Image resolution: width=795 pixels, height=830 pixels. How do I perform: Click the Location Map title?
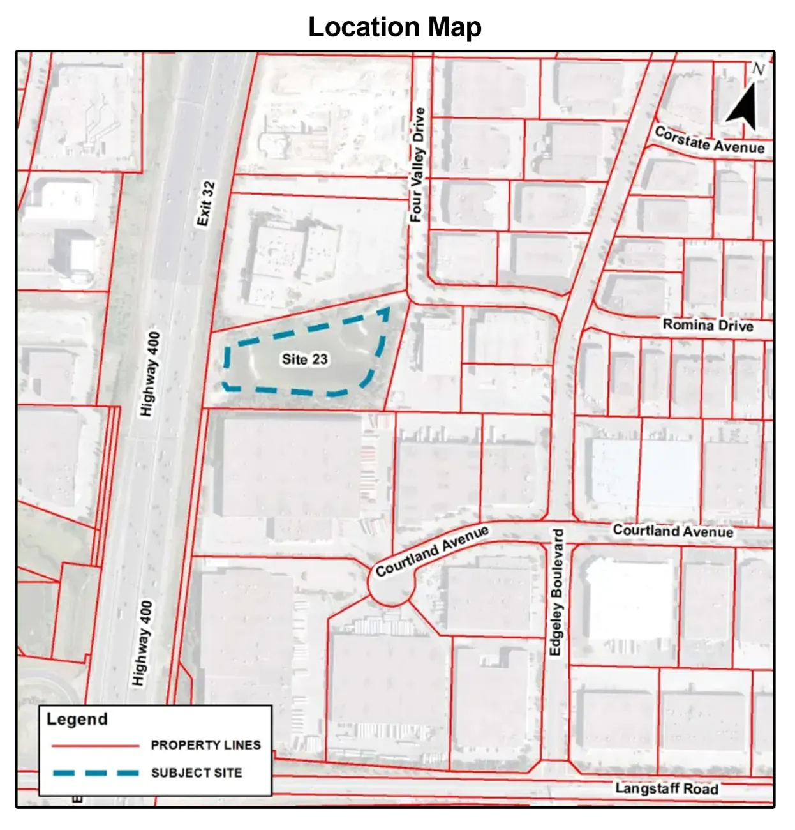[x=395, y=27]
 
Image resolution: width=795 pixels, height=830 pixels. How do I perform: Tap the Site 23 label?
[x=305, y=359]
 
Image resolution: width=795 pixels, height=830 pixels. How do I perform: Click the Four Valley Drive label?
[x=417, y=165]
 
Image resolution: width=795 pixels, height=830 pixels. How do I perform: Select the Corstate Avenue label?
[x=710, y=140]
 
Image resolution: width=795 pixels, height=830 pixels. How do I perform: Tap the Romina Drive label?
[x=708, y=325]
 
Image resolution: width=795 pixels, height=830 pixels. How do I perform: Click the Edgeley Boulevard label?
[x=556, y=592]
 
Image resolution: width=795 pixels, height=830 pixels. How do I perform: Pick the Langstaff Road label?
[x=667, y=788]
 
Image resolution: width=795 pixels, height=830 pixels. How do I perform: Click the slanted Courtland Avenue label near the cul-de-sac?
[x=432, y=551]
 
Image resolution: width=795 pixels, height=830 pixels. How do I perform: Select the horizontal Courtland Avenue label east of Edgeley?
[x=673, y=531]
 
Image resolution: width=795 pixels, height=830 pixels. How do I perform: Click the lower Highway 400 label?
[x=142, y=644]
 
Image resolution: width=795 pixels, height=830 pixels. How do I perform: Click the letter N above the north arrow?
[x=758, y=70]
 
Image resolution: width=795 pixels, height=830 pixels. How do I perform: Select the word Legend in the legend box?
[x=77, y=720]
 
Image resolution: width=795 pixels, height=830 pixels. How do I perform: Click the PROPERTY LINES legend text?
[x=205, y=745]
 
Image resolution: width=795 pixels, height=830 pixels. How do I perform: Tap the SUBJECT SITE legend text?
[x=197, y=773]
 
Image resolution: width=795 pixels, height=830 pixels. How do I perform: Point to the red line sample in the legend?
[x=95, y=746]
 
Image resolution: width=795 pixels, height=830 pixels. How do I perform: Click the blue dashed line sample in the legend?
[x=95, y=773]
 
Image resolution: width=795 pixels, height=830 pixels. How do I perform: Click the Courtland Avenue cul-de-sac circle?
[x=392, y=582]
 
